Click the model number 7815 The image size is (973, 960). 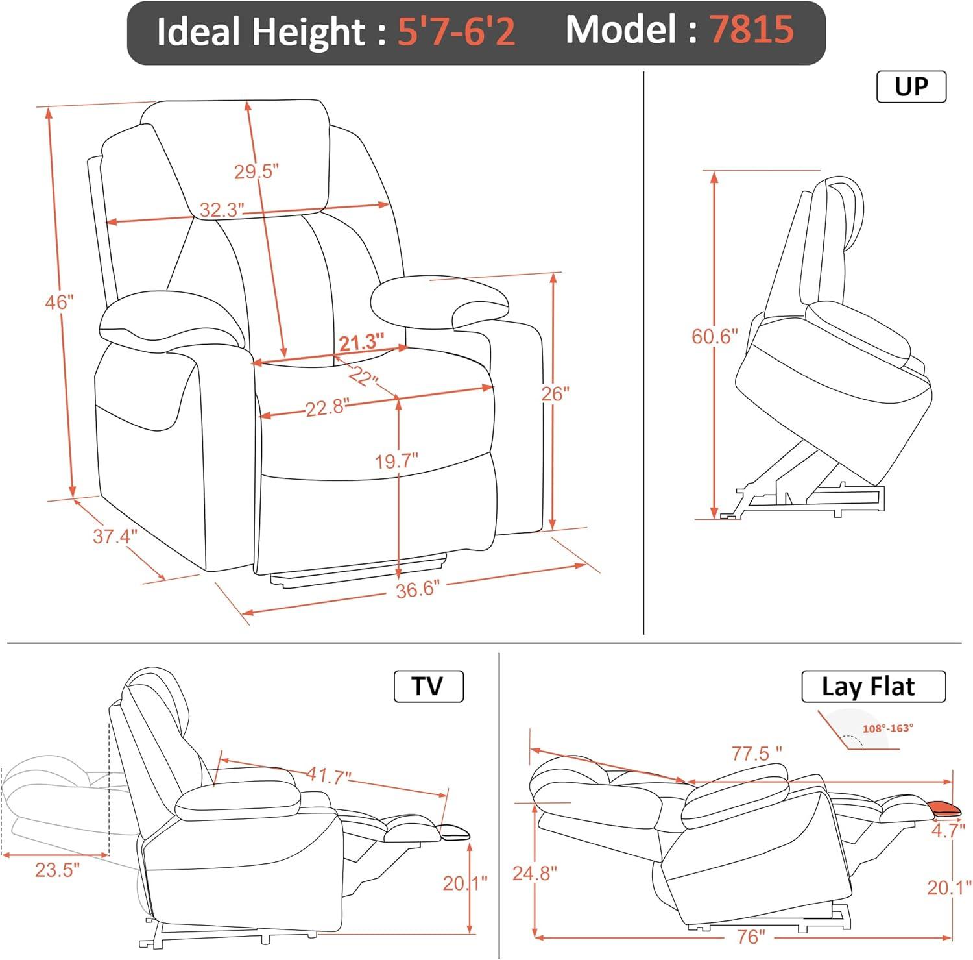pyautogui.click(x=752, y=30)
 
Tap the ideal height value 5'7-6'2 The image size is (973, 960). pyautogui.click(x=456, y=31)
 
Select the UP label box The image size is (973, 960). pyautogui.click(x=911, y=86)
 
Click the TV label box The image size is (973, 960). pyautogui.click(x=428, y=686)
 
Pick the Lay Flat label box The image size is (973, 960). pyautogui.click(x=873, y=687)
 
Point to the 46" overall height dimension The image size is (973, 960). pyautogui.click(x=60, y=302)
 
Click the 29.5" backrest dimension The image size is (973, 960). pyautogui.click(x=256, y=172)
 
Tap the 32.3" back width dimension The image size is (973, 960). pyautogui.click(x=221, y=210)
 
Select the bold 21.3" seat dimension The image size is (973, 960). pyautogui.click(x=361, y=342)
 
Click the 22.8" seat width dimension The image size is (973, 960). pyautogui.click(x=328, y=408)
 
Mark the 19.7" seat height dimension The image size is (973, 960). pyautogui.click(x=396, y=461)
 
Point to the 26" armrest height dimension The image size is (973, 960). pyautogui.click(x=555, y=393)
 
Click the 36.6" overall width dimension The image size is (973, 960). pyautogui.click(x=418, y=589)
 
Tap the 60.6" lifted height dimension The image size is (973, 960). pyautogui.click(x=715, y=336)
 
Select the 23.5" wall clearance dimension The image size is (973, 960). pyautogui.click(x=57, y=870)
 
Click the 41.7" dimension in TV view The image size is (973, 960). pyautogui.click(x=328, y=776)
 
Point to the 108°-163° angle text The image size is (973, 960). pyautogui.click(x=887, y=728)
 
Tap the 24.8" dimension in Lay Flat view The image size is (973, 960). pyautogui.click(x=535, y=873)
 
